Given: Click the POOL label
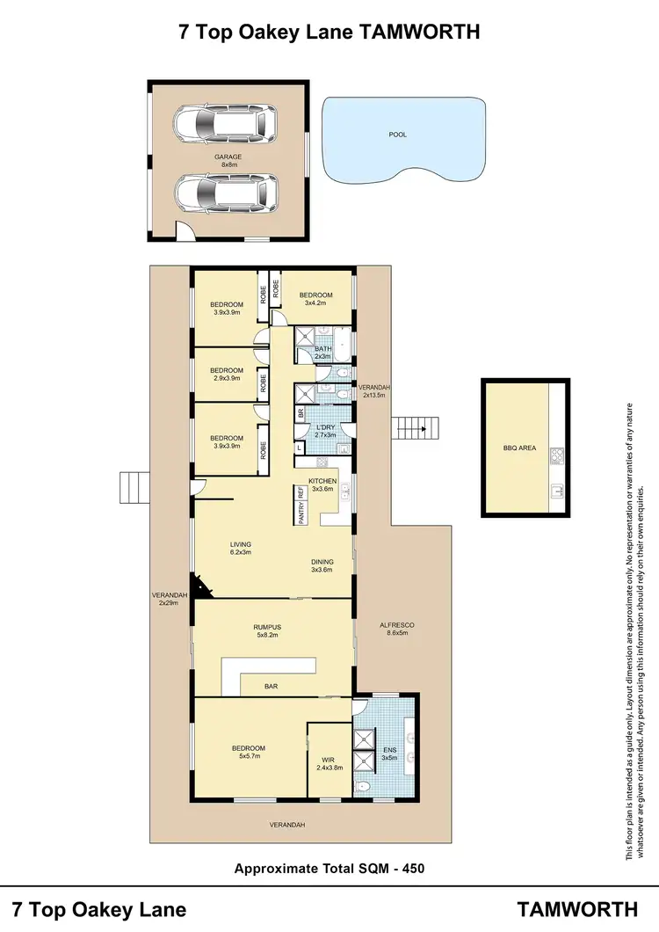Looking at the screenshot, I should pos(398,135).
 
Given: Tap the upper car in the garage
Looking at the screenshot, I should pos(225,126).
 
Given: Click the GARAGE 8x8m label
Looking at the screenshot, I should pos(228,161).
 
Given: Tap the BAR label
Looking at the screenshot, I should pos(272,685).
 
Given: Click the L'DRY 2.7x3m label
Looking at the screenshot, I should pos(326,431).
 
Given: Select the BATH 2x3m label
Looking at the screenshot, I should pos(322,353).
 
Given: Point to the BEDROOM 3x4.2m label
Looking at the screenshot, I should pos(316,299).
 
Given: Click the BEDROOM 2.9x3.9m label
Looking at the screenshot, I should pos(226,375).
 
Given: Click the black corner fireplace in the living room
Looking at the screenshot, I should pos(201,586).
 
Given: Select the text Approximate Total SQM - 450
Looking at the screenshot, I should pos(329,869).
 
